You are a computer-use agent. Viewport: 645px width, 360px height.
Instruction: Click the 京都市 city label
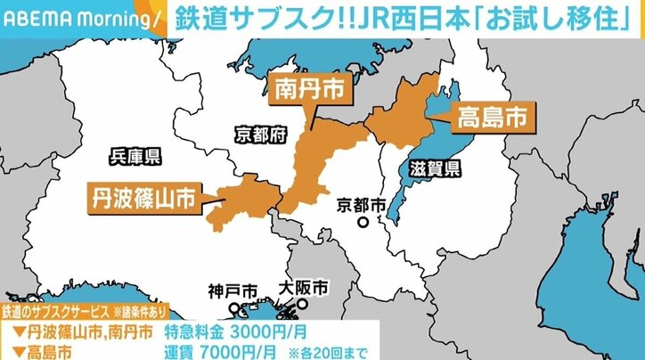tap(363, 205)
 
